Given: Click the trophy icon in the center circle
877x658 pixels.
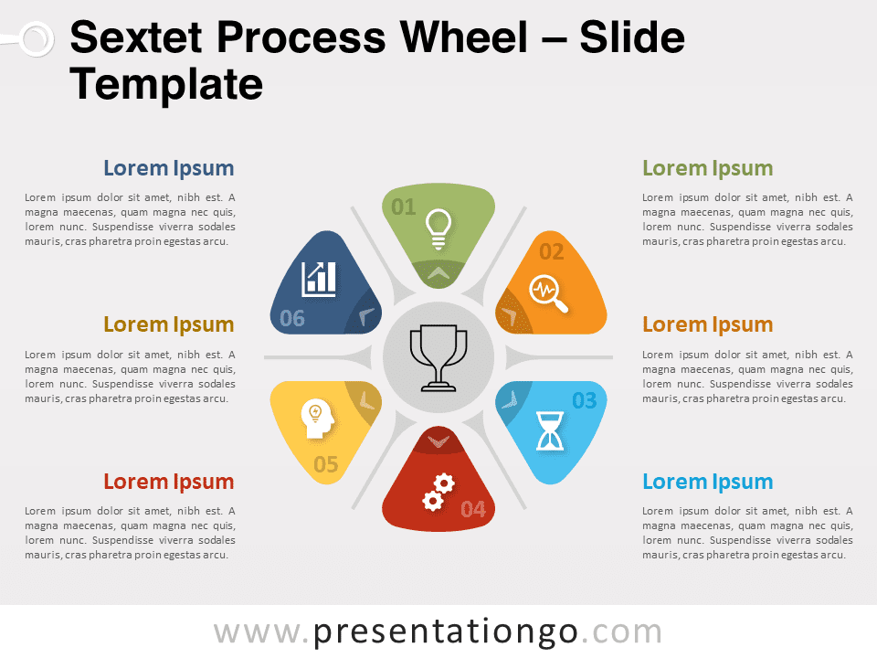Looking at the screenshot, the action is point(438,358).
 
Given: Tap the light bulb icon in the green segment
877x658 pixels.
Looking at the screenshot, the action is point(438,228).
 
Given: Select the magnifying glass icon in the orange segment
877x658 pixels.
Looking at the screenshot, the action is point(548,293).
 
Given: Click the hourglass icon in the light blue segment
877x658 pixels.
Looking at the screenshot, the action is point(550,430).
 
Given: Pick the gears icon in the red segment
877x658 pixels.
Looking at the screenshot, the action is point(438,493).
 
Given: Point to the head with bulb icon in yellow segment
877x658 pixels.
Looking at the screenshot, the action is point(318,418).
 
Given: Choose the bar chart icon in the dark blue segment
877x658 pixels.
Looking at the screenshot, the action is point(320,279).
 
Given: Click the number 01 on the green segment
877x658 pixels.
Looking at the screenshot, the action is point(403,207).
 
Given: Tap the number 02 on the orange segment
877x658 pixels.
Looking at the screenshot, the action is point(552,252).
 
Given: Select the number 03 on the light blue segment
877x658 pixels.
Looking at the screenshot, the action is point(585,400).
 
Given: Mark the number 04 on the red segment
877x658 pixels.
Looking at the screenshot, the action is point(473,509).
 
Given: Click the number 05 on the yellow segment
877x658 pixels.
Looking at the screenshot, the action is point(325,464).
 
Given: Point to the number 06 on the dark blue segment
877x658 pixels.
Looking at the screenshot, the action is point(292,319).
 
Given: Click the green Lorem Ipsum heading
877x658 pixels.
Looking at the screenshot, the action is point(707,168).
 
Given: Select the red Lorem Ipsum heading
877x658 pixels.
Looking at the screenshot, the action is point(168,482).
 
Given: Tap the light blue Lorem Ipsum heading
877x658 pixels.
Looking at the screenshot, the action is point(707,482).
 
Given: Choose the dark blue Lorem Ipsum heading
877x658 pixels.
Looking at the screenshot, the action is point(168,168).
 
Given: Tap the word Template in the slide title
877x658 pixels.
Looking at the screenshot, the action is point(166,84).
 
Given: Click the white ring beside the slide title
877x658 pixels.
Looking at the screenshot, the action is point(37,39).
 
